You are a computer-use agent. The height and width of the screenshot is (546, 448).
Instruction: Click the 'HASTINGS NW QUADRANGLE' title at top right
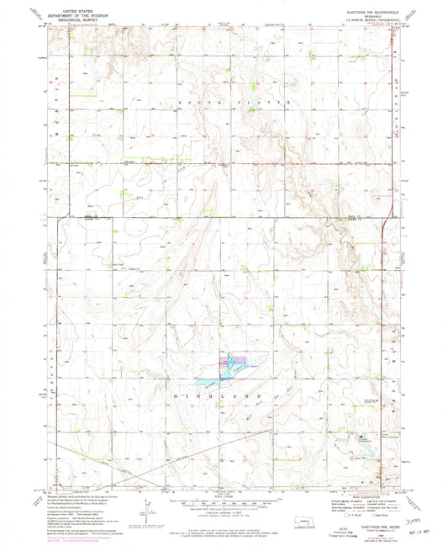point(365,7)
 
